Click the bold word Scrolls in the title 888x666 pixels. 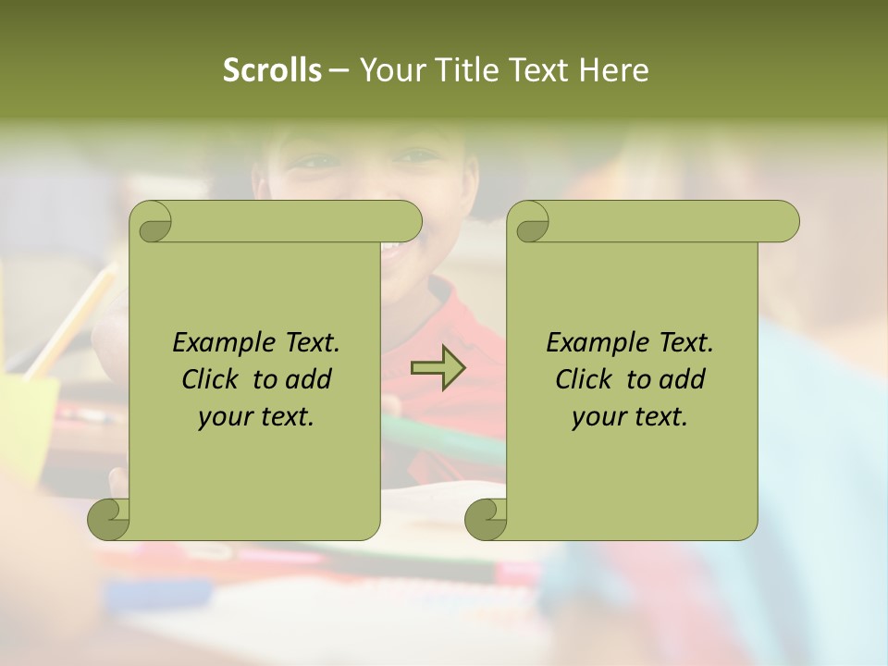point(272,70)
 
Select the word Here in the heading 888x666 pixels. point(613,70)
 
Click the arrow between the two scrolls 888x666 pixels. point(437,368)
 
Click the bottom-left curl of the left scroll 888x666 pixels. point(109,519)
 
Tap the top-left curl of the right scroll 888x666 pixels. point(530,223)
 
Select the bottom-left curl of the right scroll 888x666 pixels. point(486,519)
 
